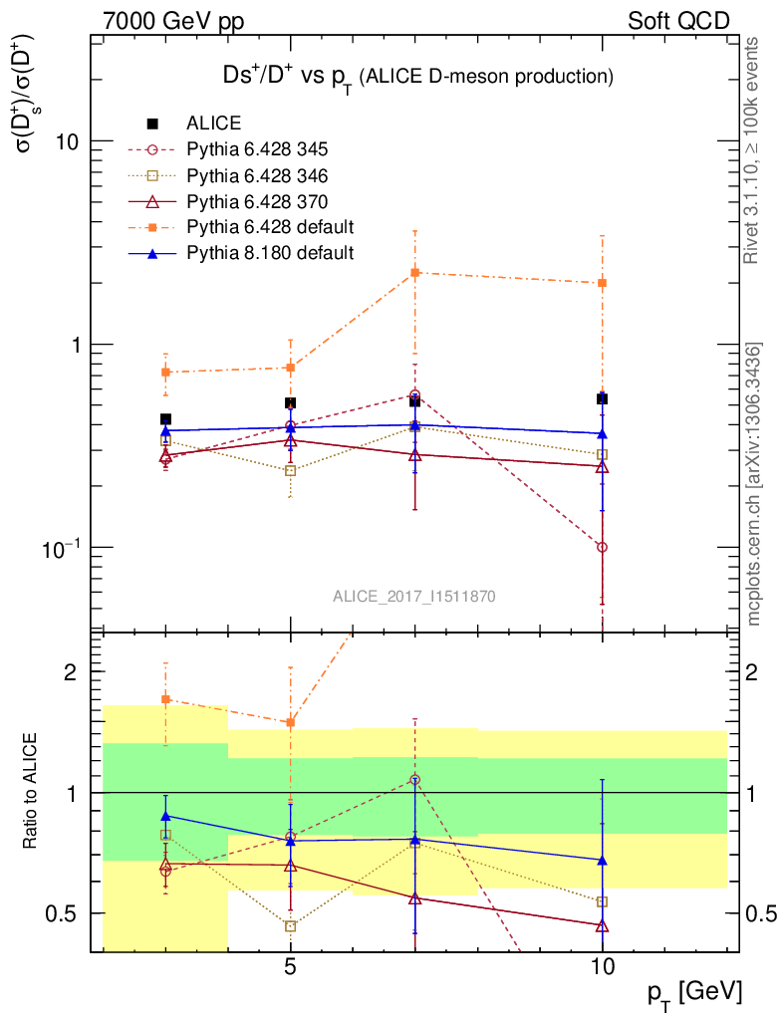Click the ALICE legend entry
[x=213, y=124]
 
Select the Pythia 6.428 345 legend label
[x=257, y=149]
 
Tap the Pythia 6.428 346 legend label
[x=257, y=175]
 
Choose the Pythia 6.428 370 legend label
[x=257, y=201]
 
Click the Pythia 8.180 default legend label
[x=270, y=253]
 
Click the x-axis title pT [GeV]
[x=695, y=992]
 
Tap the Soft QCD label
[x=678, y=21]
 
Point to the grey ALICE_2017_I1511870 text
[x=414, y=596]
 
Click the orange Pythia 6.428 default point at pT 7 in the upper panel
[x=414, y=272]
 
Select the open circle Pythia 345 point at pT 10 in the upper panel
[x=602, y=547]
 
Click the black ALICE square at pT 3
[x=165, y=419]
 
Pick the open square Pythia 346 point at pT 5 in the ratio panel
[x=290, y=926]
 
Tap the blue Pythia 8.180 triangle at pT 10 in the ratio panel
[x=602, y=860]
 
